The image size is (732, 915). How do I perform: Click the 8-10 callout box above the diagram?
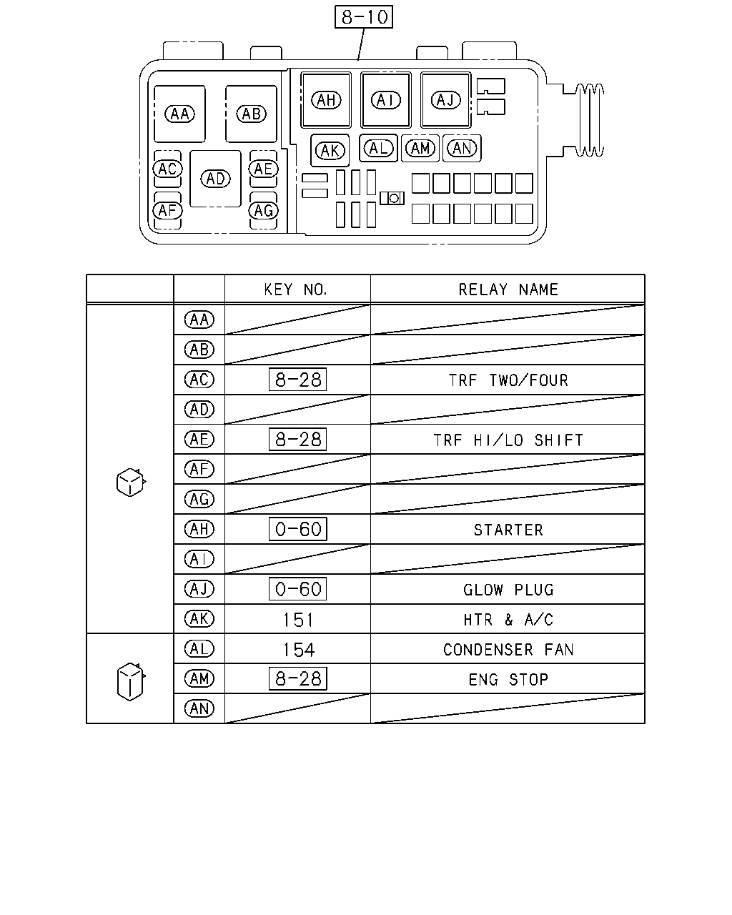pos(363,17)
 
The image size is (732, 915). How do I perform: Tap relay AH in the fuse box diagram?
pos(326,100)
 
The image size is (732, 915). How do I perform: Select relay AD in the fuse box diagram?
pos(215,179)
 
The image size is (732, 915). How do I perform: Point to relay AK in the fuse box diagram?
pos(330,150)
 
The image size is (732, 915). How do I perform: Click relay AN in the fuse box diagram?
pos(462,149)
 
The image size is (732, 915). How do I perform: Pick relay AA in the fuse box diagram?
pos(179,114)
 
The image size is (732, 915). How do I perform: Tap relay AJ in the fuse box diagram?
pos(446,100)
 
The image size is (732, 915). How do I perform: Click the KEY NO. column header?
pos(296,290)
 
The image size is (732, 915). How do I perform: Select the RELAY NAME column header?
pos(508,290)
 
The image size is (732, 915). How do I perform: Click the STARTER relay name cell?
pos(508,530)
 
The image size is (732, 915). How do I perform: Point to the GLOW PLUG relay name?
pos(508,590)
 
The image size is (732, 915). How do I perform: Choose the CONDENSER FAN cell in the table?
pos(508,650)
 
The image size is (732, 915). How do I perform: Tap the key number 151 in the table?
pos(298,620)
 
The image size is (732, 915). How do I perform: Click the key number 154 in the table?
pos(299,650)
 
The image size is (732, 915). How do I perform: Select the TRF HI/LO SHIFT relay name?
pos(508,440)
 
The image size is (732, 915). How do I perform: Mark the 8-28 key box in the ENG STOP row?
pos(298,679)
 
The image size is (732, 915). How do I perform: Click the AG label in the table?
pos(199,499)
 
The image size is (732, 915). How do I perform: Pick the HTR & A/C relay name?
pos(508,620)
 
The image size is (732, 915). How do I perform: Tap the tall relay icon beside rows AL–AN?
pos(131,681)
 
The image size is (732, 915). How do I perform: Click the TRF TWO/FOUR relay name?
pos(508,380)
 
